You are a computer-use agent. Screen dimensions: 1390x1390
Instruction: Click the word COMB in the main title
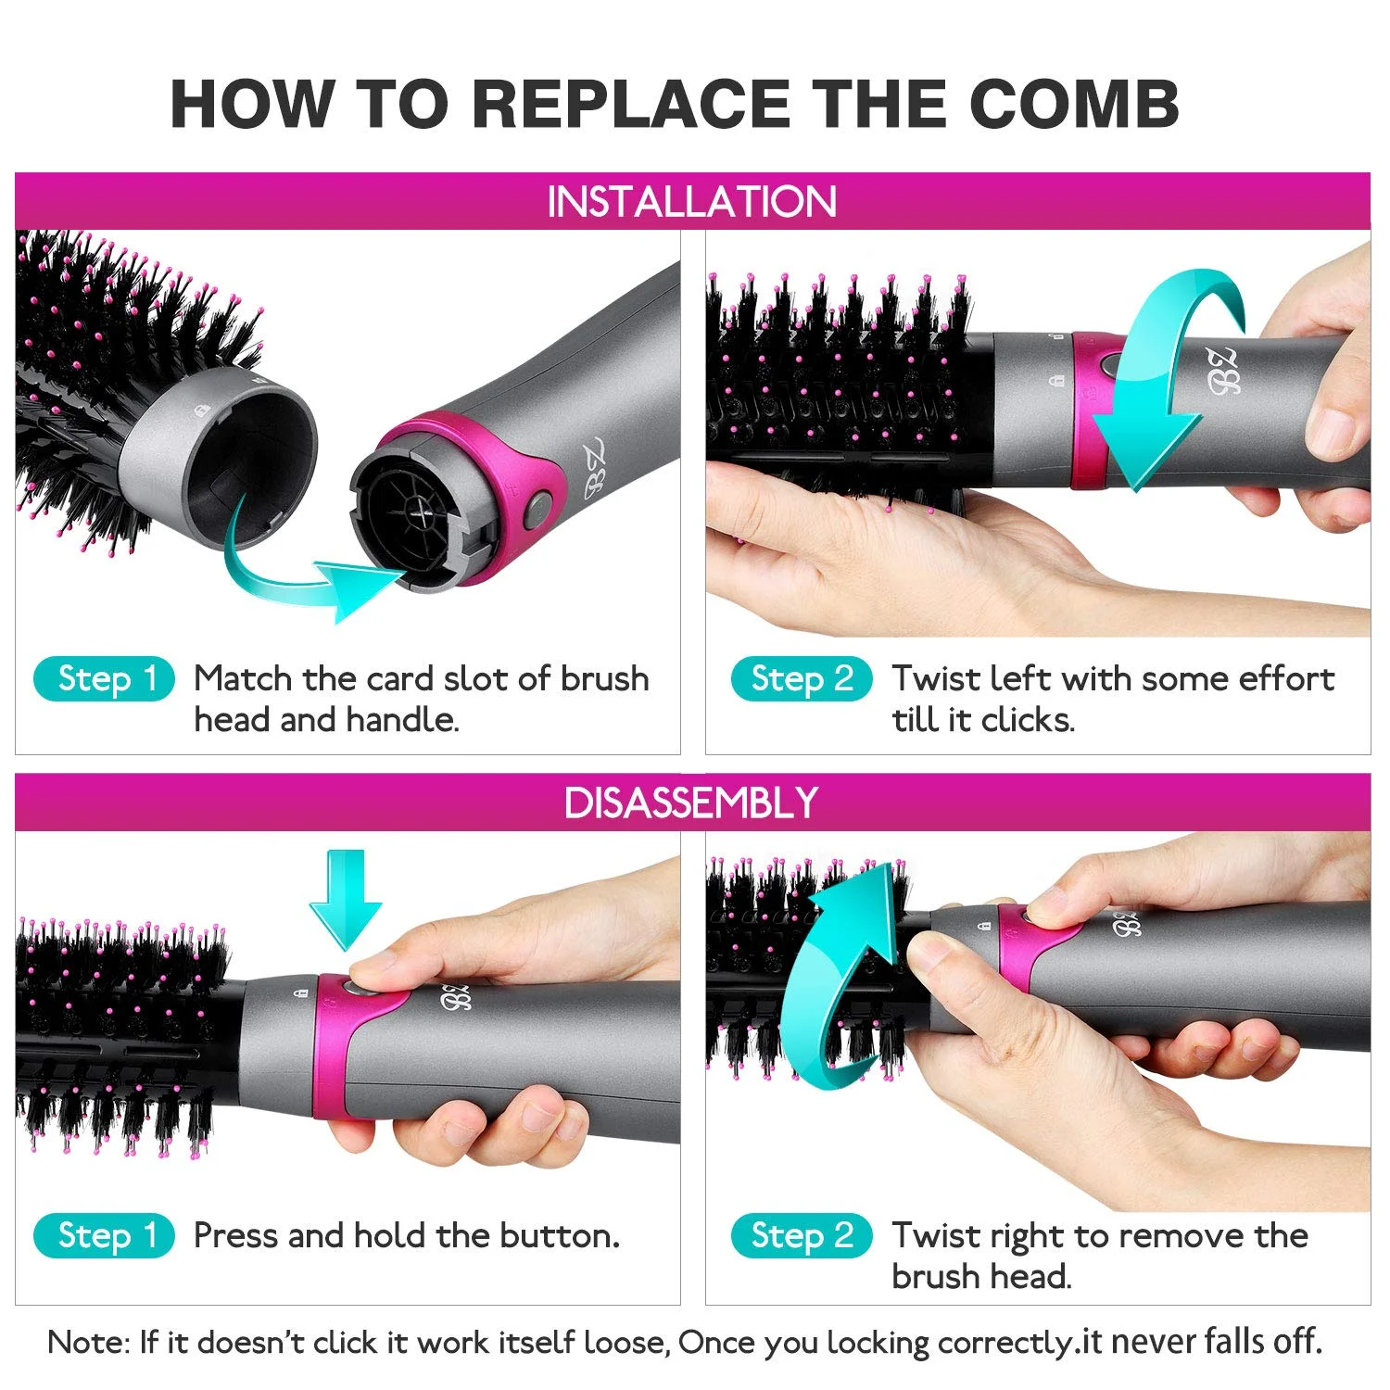coord(1074,103)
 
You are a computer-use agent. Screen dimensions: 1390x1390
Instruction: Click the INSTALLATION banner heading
coord(692,202)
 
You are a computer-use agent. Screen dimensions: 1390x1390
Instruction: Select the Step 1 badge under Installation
coord(104,679)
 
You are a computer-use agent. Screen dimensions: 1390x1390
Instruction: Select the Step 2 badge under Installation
coord(802,679)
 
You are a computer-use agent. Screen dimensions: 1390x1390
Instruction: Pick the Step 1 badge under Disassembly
coord(104,1236)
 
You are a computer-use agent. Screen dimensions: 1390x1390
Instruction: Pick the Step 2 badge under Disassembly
coord(802,1236)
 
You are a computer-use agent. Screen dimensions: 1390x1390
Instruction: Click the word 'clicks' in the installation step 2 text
coord(1028,720)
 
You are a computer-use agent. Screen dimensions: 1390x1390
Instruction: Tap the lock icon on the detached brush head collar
coord(201,409)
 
